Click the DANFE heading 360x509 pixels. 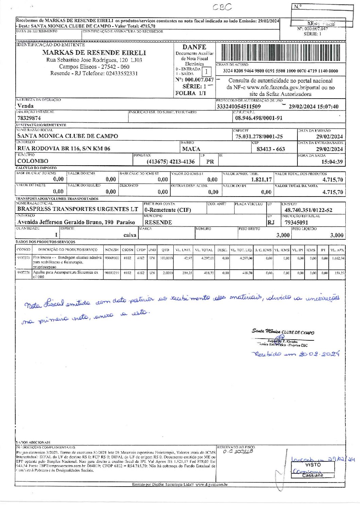[194, 47]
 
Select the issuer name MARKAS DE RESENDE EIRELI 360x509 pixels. [94, 53]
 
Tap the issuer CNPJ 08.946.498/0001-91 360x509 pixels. [259, 118]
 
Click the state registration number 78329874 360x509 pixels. [29, 118]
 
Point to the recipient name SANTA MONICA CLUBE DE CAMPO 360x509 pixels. [68, 136]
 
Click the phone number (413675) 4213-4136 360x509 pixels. [171, 162]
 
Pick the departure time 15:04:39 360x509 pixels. [332, 162]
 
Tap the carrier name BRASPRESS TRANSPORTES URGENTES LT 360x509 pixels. [78, 209]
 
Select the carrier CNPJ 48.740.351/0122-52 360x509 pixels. [308, 210]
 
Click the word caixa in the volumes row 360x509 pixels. [130, 235]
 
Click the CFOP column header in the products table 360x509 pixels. [141, 250]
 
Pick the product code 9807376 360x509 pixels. [23, 272]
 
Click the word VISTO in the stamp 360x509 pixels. [313, 464]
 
